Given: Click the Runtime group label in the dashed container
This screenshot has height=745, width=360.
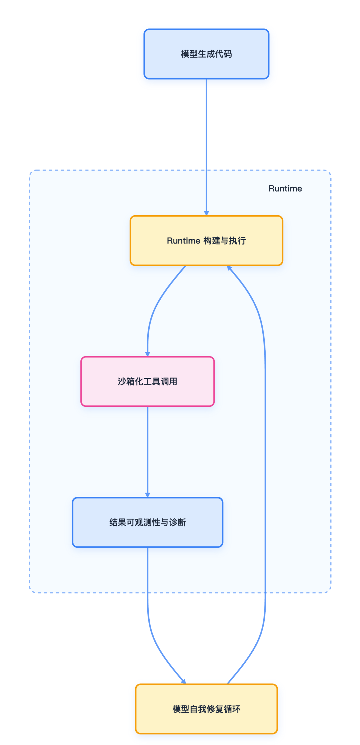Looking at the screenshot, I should (x=285, y=189).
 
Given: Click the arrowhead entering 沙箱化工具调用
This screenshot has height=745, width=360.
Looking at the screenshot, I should (x=147, y=354).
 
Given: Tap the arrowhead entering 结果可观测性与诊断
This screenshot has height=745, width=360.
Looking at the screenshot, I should (x=147, y=495).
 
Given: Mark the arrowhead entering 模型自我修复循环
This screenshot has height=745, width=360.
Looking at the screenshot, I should (x=183, y=682).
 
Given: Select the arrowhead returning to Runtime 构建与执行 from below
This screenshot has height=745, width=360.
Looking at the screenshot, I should (x=229, y=268).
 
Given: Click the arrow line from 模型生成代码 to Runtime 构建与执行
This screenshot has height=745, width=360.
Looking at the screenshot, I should (x=206, y=133).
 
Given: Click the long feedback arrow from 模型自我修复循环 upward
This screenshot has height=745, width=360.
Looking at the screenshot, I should (x=265, y=466).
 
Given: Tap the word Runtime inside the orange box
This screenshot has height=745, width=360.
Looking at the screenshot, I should (x=183, y=241).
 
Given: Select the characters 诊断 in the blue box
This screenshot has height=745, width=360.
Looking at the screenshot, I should (x=177, y=522).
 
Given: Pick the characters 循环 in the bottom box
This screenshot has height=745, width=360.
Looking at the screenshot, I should (x=232, y=709).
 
